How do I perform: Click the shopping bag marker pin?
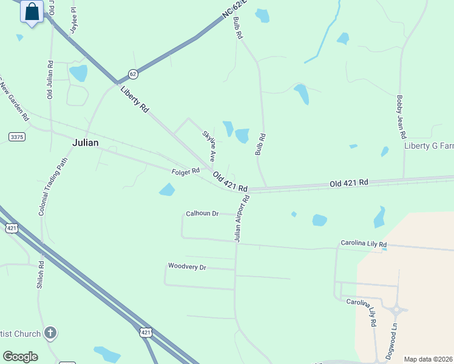click(32, 12)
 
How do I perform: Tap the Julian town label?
click(85, 143)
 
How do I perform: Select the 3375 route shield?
click(17, 137)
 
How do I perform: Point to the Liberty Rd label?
click(135, 99)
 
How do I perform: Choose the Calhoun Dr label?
click(202, 214)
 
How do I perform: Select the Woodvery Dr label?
click(187, 267)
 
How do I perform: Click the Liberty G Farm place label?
click(429, 146)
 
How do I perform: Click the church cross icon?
click(50, 333)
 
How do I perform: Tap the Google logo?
click(20, 357)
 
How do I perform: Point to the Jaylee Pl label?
click(73, 19)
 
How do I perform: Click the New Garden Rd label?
click(15, 100)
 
